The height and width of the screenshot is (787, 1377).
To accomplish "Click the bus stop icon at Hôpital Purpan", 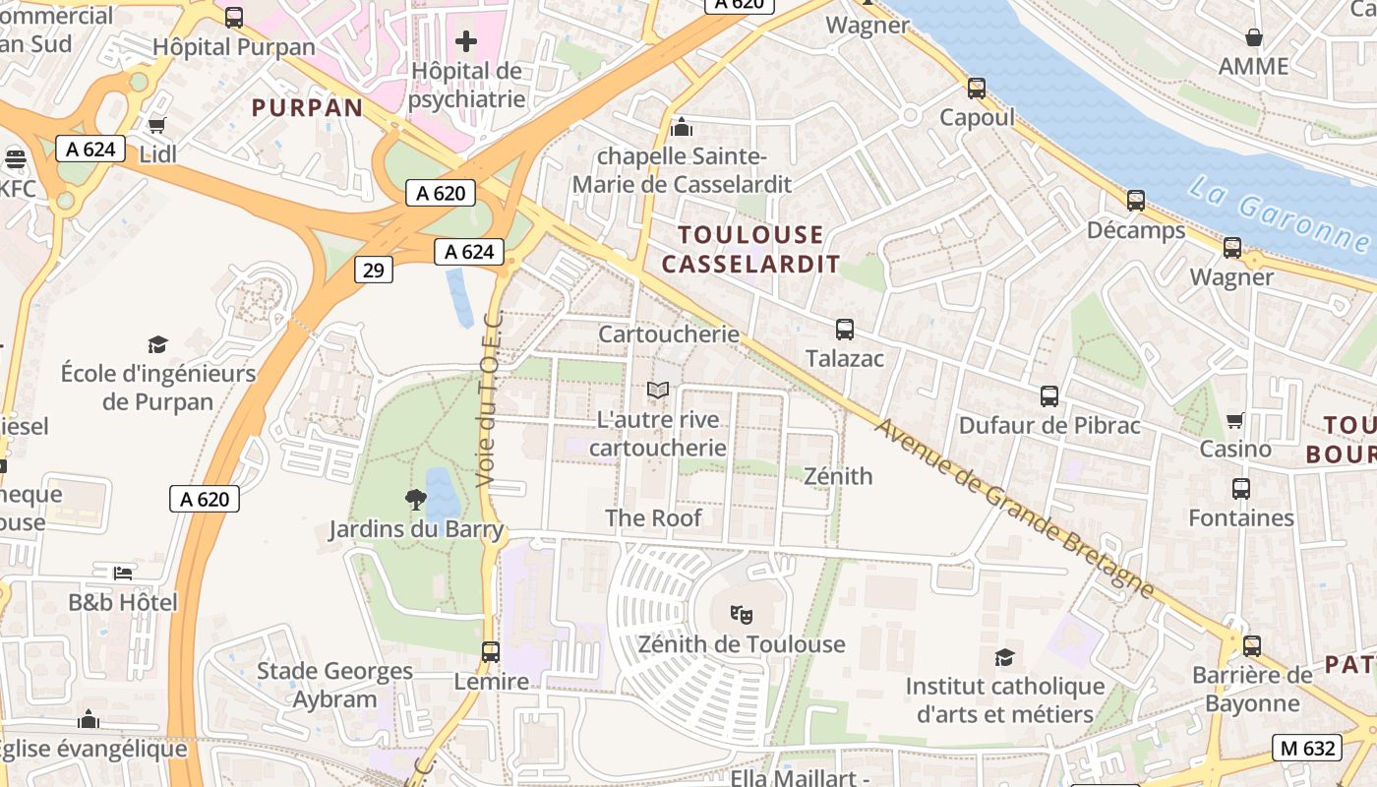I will click(234, 17).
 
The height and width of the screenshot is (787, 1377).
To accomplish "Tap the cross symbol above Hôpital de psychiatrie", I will click(466, 41).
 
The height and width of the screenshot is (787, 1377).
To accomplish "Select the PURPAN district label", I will click(308, 107).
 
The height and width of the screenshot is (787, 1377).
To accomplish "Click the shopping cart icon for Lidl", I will click(156, 125).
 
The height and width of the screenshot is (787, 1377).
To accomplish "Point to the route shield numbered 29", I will click(373, 270).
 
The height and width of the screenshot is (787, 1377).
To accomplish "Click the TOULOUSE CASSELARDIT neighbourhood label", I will click(751, 249).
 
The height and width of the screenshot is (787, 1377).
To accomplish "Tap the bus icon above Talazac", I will click(845, 330).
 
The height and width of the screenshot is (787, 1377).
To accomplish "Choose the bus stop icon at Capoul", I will click(976, 89).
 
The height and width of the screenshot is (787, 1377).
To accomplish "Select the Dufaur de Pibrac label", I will click(1049, 426).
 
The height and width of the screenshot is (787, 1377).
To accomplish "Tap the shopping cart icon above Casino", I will click(1235, 420).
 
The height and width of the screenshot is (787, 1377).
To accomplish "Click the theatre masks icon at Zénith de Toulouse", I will click(742, 616).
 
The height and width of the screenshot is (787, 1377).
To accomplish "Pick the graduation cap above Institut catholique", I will click(1004, 657).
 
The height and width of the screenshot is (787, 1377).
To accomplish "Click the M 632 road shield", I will click(1307, 748).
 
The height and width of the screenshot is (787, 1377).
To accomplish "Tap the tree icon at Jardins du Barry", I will click(416, 500).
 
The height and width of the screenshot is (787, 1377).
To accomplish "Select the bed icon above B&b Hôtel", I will click(122, 573).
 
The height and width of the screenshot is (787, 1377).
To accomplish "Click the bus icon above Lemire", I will click(491, 651).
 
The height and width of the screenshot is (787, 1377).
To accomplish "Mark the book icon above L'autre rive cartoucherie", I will click(658, 391).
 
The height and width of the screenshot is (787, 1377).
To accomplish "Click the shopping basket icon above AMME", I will click(1254, 37).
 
